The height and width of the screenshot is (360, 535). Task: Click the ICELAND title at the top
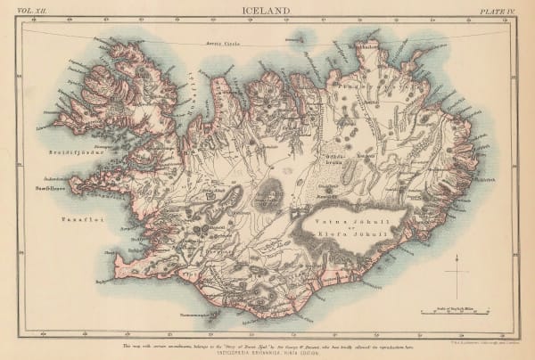click(267, 11)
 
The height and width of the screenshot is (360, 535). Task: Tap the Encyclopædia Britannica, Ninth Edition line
click(267, 348)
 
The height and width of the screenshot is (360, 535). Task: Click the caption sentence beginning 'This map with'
click(267, 340)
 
